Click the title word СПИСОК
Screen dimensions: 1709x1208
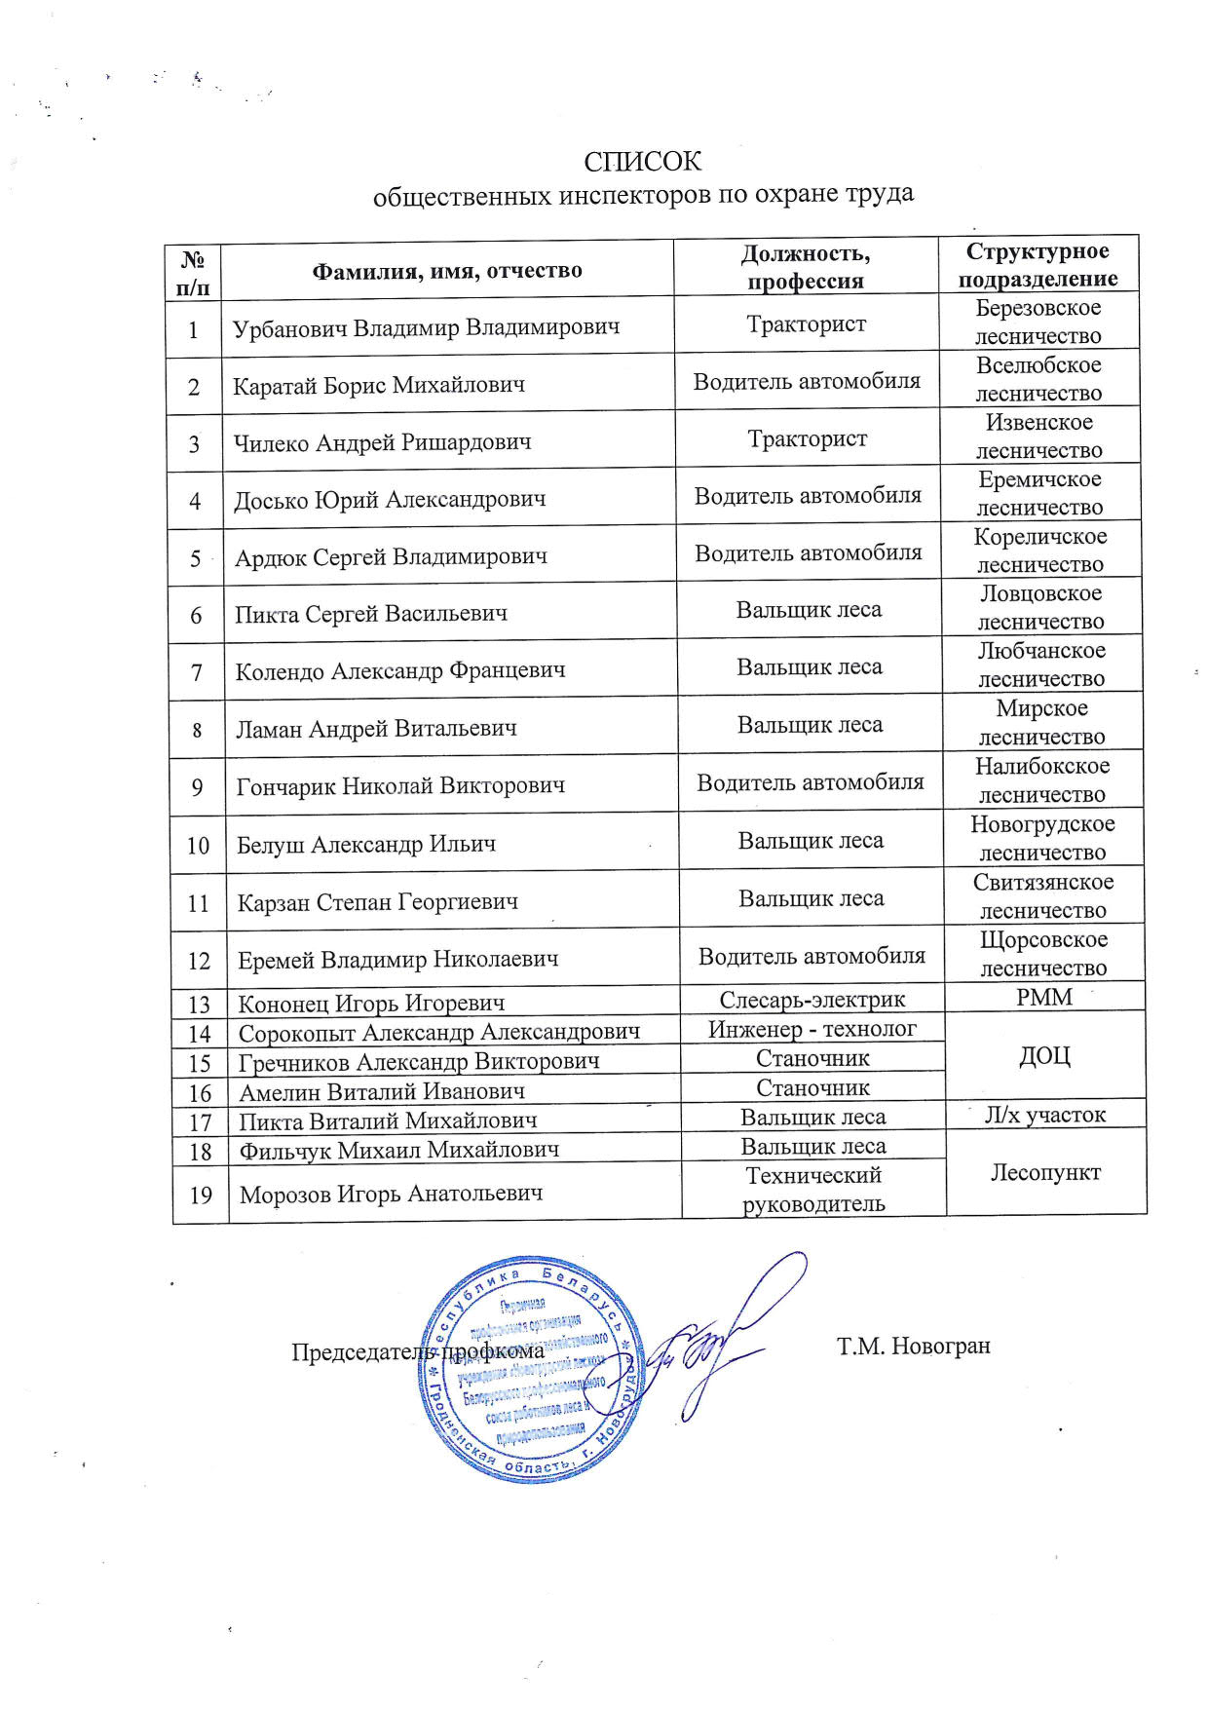(642, 161)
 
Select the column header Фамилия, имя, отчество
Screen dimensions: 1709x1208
(446, 270)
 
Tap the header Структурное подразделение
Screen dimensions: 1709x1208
(1038, 265)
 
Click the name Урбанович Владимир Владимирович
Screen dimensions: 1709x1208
(426, 327)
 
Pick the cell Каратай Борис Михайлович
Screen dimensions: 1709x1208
(379, 385)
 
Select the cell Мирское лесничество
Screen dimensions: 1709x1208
(1041, 722)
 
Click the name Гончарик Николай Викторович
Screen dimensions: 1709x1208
(400, 785)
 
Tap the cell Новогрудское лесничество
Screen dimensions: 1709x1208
(1042, 838)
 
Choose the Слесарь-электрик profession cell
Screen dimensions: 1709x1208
(812, 1000)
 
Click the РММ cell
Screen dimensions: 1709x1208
(1043, 997)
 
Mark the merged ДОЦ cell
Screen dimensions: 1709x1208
(1044, 1055)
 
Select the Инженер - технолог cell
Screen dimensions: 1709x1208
(812, 1028)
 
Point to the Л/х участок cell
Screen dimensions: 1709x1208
(1045, 1114)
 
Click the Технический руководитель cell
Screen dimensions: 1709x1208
(813, 1189)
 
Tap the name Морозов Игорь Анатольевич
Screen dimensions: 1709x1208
(391, 1194)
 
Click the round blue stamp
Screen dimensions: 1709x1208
(533, 1369)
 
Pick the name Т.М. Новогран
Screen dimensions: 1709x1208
(913, 1347)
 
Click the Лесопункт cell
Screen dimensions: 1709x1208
(1045, 1172)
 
